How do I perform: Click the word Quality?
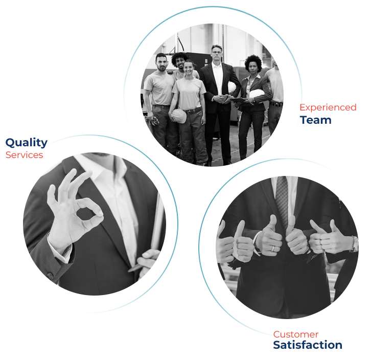point(27,143)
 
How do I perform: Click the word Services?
point(24,155)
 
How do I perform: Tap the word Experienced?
point(328,107)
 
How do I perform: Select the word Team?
point(315,120)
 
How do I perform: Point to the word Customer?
point(295,334)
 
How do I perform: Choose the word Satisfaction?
point(307,345)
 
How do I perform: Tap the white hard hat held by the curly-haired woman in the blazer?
point(257,94)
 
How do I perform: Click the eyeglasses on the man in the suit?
point(217,52)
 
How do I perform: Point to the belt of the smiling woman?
point(193,110)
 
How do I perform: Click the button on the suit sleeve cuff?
point(50,276)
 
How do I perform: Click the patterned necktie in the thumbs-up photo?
point(282,200)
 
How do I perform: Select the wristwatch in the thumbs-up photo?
point(354,244)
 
